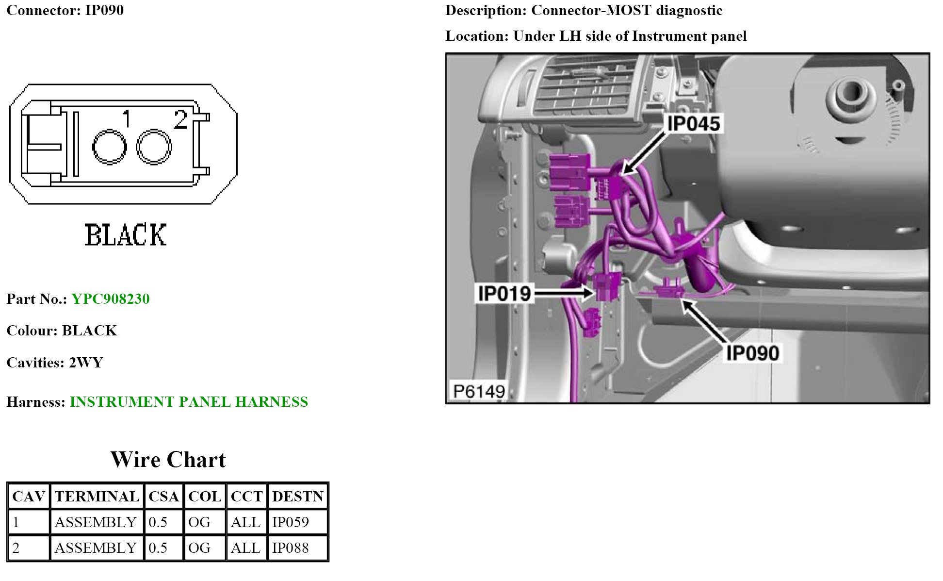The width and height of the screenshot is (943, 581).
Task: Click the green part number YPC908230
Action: [111, 299]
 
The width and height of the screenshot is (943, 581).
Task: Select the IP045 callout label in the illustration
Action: [693, 123]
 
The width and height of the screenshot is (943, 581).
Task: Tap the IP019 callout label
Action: [504, 293]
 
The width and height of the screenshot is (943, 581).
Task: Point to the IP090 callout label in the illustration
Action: [752, 353]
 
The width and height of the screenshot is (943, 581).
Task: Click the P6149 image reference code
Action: [479, 391]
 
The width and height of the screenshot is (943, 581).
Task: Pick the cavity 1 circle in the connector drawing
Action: [109, 147]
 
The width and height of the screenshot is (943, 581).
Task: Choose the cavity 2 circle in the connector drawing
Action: [154, 147]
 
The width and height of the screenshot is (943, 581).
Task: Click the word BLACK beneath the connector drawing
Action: [126, 235]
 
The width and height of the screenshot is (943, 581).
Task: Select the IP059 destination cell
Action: [291, 522]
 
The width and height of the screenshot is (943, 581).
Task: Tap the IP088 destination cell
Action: [291, 548]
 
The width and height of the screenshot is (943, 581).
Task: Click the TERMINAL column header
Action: [97, 496]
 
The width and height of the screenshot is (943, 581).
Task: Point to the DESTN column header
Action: [297, 496]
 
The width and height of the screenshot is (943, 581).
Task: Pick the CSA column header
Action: [164, 496]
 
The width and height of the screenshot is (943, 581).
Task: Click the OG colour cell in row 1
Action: [199, 522]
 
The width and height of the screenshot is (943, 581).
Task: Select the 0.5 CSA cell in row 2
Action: [158, 548]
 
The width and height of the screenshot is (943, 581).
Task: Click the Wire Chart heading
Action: [168, 459]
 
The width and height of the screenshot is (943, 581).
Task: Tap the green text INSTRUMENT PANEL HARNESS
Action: [189, 401]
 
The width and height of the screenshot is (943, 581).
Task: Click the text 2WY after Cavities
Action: [86, 363]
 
